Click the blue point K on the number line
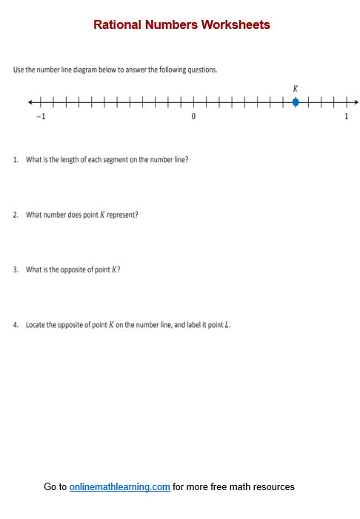[x=296, y=102]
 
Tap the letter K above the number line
[x=296, y=88]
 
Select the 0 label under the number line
[x=193, y=117]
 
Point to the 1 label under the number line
[x=346, y=117]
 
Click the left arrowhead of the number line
[x=30, y=102]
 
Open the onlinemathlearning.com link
[x=120, y=486]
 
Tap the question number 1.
[x=15, y=159]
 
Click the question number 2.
[x=15, y=215]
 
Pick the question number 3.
[x=15, y=269]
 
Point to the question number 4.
[x=15, y=325]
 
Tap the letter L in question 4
[x=227, y=325]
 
